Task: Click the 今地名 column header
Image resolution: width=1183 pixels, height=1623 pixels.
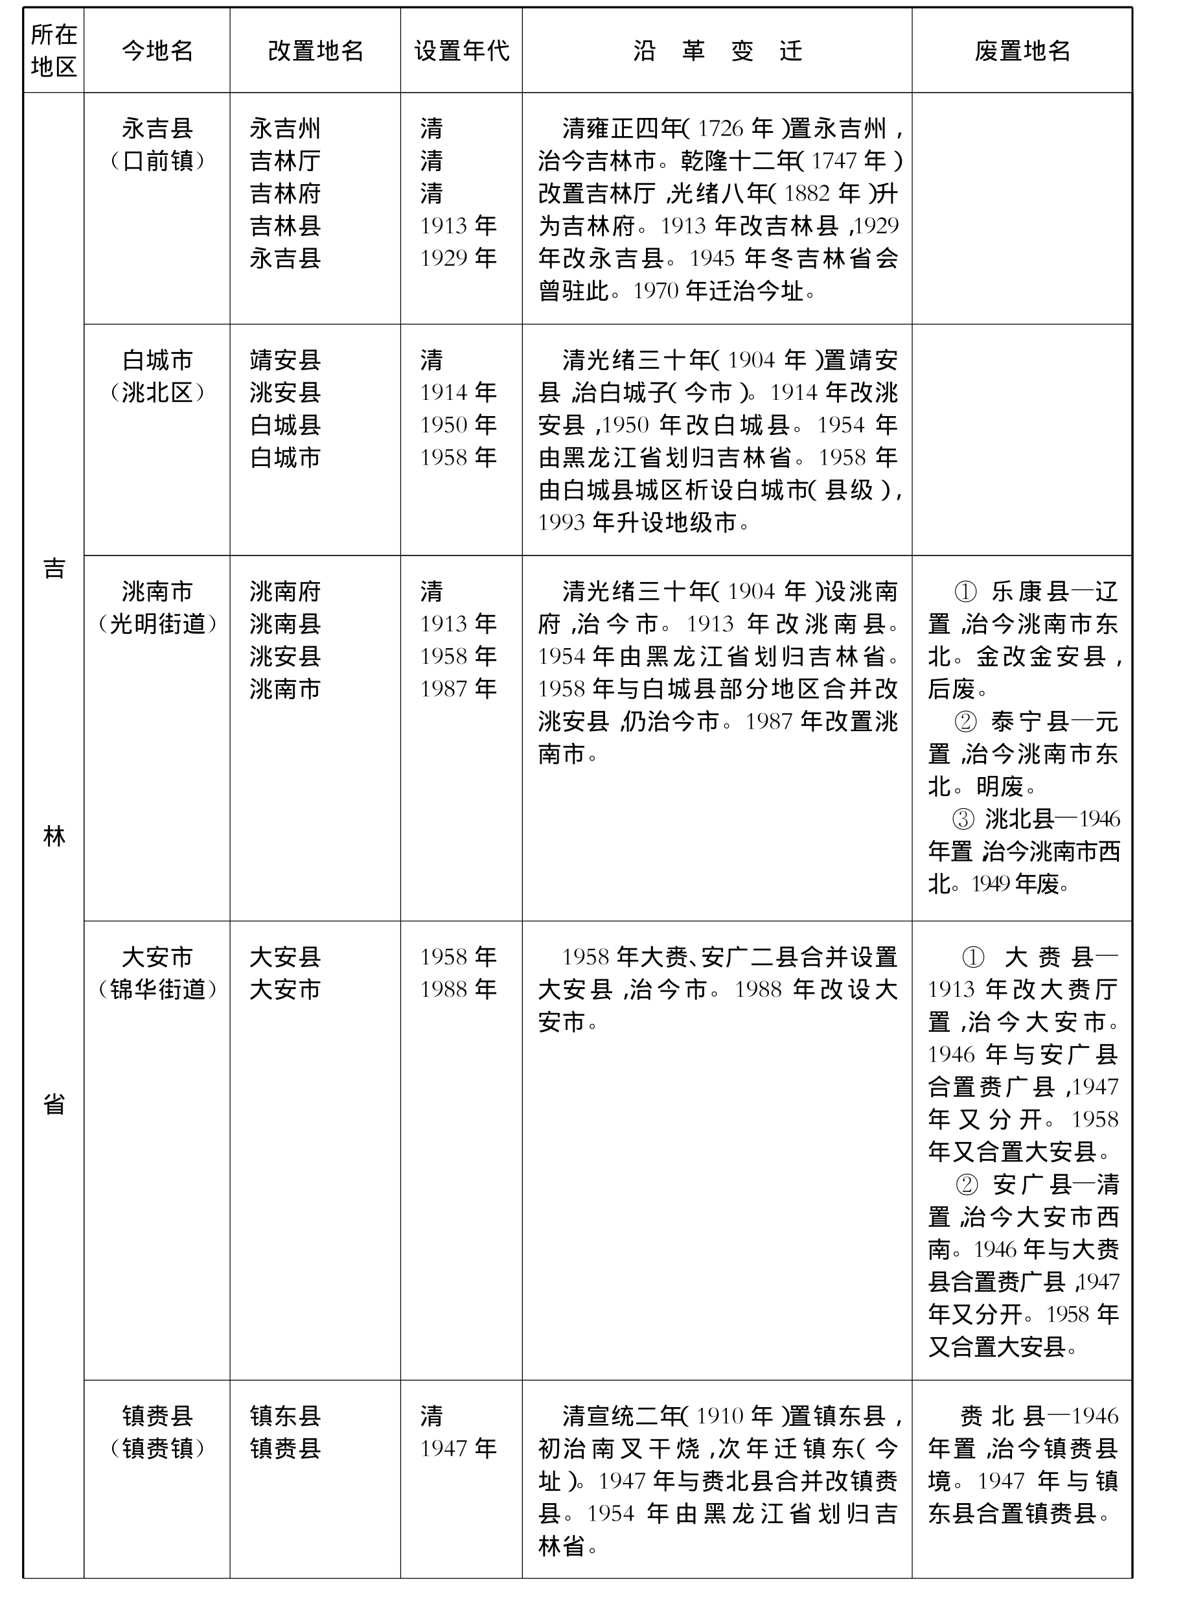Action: [157, 51]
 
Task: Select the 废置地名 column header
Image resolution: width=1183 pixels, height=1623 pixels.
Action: [1022, 51]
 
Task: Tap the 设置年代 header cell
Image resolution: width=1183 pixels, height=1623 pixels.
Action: [461, 51]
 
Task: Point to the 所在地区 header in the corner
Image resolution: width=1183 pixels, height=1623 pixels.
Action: [54, 50]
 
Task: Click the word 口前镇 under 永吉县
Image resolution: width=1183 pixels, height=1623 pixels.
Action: [157, 161]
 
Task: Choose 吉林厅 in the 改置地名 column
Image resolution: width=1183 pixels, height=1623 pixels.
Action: [285, 161]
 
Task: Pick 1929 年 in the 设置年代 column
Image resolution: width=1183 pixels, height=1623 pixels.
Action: [458, 259]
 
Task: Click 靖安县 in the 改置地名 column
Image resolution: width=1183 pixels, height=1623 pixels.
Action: [285, 360]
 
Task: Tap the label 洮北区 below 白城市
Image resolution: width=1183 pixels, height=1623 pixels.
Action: [157, 393]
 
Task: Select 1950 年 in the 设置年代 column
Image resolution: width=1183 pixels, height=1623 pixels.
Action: [458, 425]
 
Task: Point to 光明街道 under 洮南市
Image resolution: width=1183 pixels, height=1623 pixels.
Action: [157, 624]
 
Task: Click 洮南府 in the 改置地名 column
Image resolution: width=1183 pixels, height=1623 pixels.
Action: [285, 592]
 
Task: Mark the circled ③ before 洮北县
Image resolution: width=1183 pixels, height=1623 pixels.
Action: [963, 819]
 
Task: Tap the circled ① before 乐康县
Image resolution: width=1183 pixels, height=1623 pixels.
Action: [965, 592]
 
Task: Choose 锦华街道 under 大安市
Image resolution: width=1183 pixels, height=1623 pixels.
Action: [157, 989]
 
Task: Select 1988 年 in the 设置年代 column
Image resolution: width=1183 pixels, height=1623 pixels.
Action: [458, 989]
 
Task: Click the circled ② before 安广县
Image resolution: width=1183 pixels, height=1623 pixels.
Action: [966, 1185]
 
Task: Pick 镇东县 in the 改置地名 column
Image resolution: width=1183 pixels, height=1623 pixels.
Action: [285, 1416]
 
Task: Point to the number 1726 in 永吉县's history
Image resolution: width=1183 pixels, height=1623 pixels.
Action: [720, 129]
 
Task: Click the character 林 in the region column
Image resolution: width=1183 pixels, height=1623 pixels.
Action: [54, 837]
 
